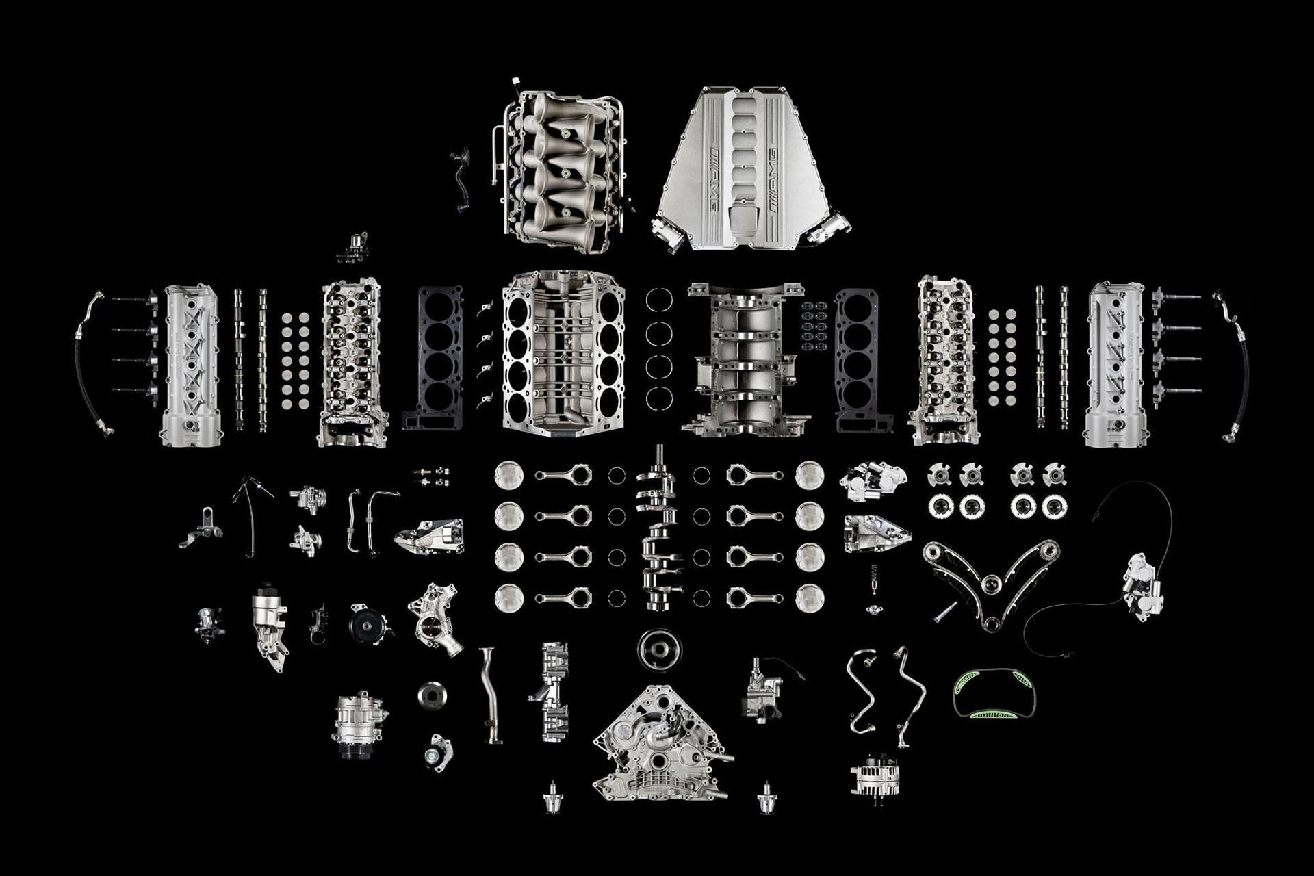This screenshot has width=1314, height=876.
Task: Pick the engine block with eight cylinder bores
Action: (x=563, y=352)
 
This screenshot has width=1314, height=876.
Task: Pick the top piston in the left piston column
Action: (x=508, y=475)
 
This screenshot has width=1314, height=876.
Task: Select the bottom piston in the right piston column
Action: (x=810, y=597)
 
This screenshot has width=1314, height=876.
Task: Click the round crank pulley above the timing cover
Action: (x=660, y=648)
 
